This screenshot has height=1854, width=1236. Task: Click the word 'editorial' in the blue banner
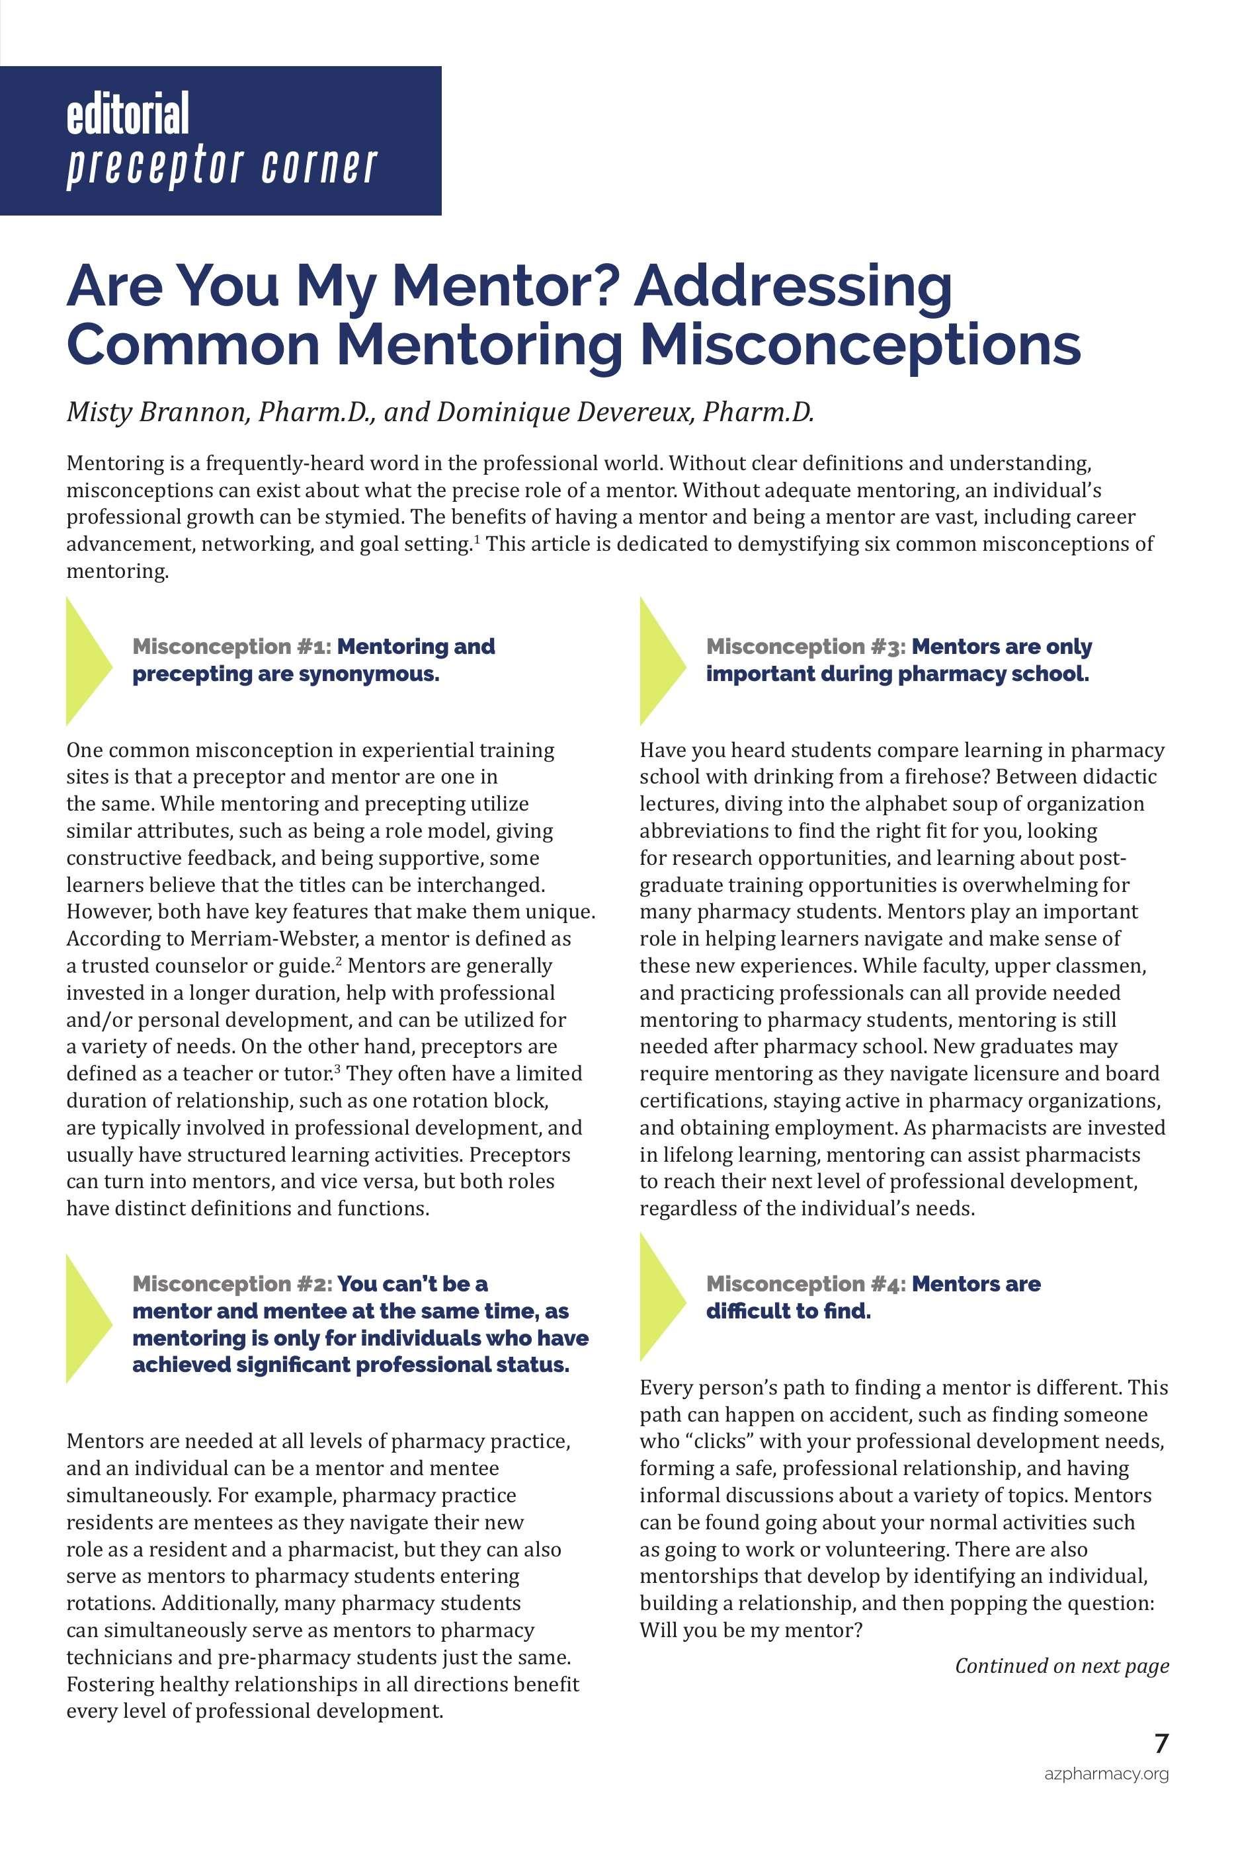tap(128, 114)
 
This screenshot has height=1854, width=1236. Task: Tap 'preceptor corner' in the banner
tap(222, 167)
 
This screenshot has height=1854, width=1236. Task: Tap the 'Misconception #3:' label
tap(805, 646)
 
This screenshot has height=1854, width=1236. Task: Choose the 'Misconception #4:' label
tap(805, 1283)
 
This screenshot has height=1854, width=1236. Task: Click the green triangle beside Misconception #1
tap(86, 661)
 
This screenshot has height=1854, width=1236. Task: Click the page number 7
tap(1161, 1744)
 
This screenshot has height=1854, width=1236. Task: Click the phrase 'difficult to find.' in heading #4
tap(788, 1311)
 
